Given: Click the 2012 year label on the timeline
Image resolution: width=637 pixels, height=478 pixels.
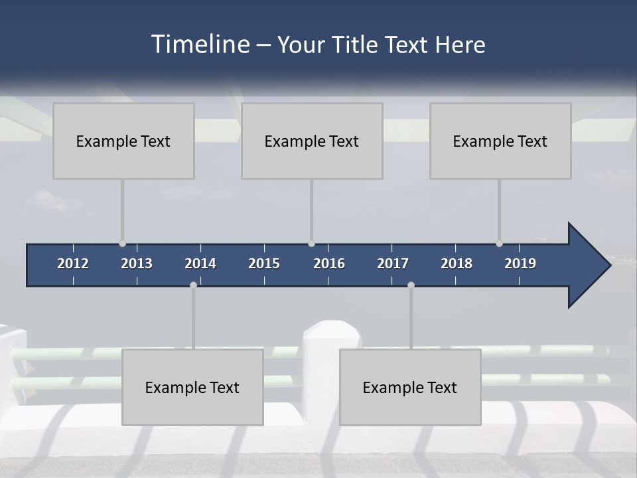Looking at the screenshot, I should pyautogui.click(x=73, y=264).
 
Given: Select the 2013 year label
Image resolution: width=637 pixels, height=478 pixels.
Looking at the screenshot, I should pyautogui.click(x=137, y=264).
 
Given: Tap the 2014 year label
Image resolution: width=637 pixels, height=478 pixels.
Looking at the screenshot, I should pyautogui.click(x=200, y=264).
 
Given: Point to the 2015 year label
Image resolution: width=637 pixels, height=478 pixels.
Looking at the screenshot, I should pyautogui.click(x=264, y=264).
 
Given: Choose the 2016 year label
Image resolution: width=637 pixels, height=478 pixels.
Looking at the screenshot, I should pyautogui.click(x=329, y=264).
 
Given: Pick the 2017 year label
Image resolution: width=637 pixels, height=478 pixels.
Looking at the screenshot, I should pyautogui.click(x=393, y=264).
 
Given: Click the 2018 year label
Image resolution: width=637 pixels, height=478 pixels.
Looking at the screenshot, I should pyautogui.click(x=457, y=264).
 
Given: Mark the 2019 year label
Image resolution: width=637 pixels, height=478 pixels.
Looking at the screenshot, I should pyautogui.click(x=520, y=264).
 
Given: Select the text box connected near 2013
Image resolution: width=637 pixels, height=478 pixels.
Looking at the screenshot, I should pyautogui.click(x=123, y=141).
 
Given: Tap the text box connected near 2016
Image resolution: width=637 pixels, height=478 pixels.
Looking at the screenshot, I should pyautogui.click(x=312, y=141).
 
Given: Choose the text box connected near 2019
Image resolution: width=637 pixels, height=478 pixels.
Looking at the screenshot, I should pyautogui.click(x=500, y=141).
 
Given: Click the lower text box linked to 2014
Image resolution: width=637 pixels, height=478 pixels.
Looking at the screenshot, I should pyautogui.click(x=192, y=387).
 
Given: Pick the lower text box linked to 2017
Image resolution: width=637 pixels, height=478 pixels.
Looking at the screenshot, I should pyautogui.click(x=410, y=387).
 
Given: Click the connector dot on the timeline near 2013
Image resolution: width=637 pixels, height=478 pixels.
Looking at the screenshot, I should pyautogui.click(x=123, y=244).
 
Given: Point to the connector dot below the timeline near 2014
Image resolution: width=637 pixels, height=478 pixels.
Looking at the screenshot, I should pyautogui.click(x=193, y=285).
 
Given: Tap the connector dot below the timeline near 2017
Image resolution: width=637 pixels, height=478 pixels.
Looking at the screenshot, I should pyautogui.click(x=411, y=285).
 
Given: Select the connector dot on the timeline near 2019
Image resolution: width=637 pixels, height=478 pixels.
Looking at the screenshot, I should pyautogui.click(x=499, y=244).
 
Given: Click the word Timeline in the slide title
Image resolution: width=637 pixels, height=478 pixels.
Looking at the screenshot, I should pyautogui.click(x=200, y=44).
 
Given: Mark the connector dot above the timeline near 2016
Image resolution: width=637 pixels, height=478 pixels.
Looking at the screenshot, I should pyautogui.click(x=311, y=244).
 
